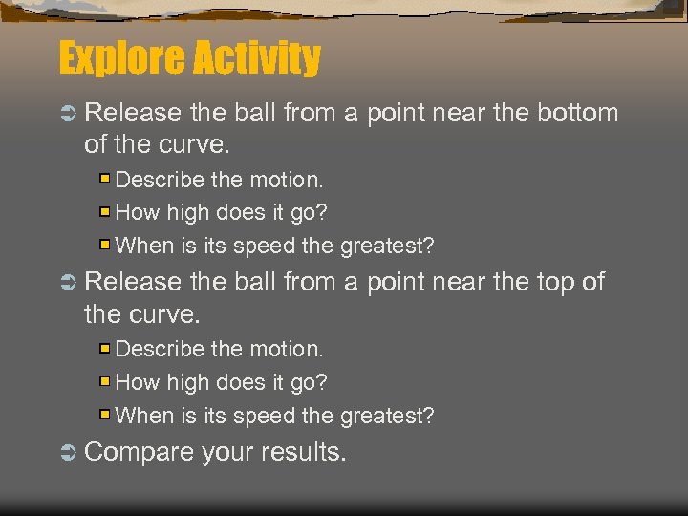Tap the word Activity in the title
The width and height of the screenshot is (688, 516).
(x=255, y=59)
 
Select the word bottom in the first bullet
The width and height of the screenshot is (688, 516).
(x=576, y=113)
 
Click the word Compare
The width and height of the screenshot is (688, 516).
(x=140, y=451)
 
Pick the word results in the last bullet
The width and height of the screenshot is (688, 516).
(x=303, y=451)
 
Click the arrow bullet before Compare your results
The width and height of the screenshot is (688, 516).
(x=68, y=452)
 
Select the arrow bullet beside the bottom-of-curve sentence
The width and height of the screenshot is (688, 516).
(x=68, y=114)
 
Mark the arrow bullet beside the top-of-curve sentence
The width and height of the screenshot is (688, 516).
(x=68, y=283)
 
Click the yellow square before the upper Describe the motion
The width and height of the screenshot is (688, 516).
(x=106, y=179)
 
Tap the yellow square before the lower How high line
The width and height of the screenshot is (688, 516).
(x=106, y=382)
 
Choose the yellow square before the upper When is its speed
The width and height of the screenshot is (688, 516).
(x=106, y=246)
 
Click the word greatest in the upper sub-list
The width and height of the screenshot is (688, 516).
(x=386, y=246)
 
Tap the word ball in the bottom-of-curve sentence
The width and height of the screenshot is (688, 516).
(x=252, y=113)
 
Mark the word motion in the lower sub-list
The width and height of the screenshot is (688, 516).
(x=286, y=349)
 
